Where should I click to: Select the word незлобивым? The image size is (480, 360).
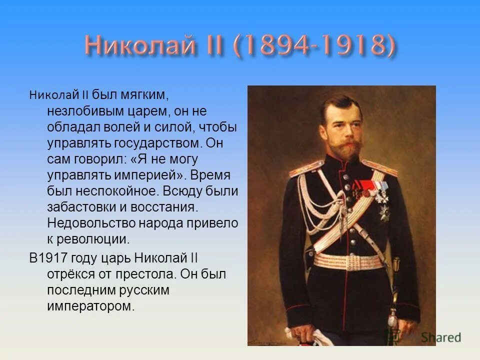83,110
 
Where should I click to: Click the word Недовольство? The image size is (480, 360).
90,224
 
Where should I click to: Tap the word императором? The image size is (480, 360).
91,306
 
